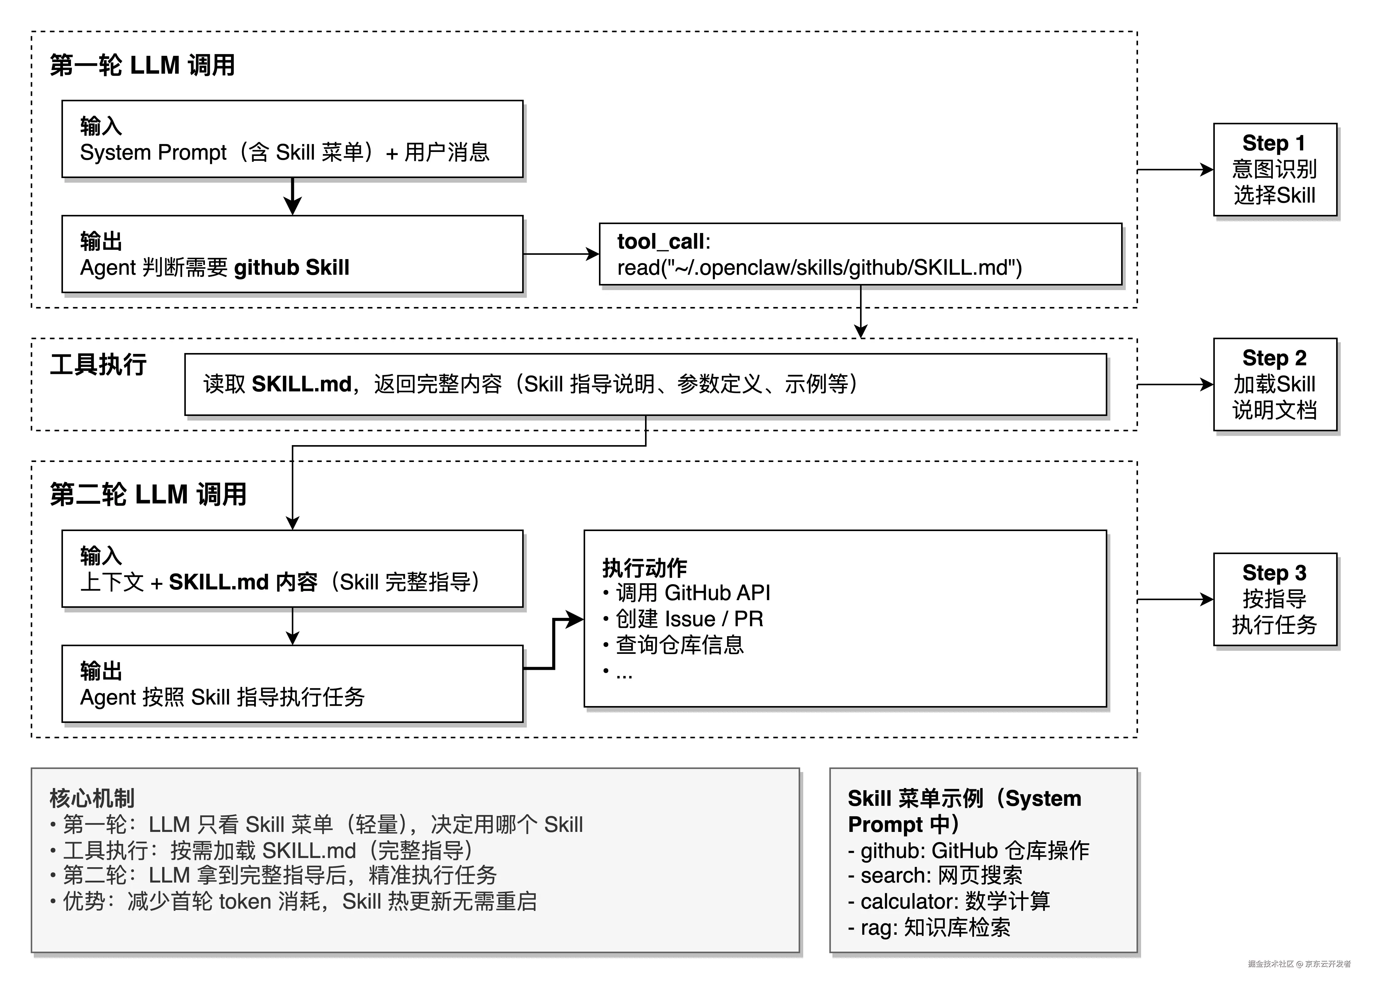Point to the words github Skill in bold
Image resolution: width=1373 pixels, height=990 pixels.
tap(291, 267)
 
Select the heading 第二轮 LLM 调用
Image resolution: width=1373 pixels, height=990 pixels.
tap(148, 495)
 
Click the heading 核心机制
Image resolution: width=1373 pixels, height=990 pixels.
tap(92, 798)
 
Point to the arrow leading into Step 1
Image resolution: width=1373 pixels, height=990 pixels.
tap(1175, 170)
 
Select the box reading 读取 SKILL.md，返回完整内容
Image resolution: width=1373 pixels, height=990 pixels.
tap(645, 384)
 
